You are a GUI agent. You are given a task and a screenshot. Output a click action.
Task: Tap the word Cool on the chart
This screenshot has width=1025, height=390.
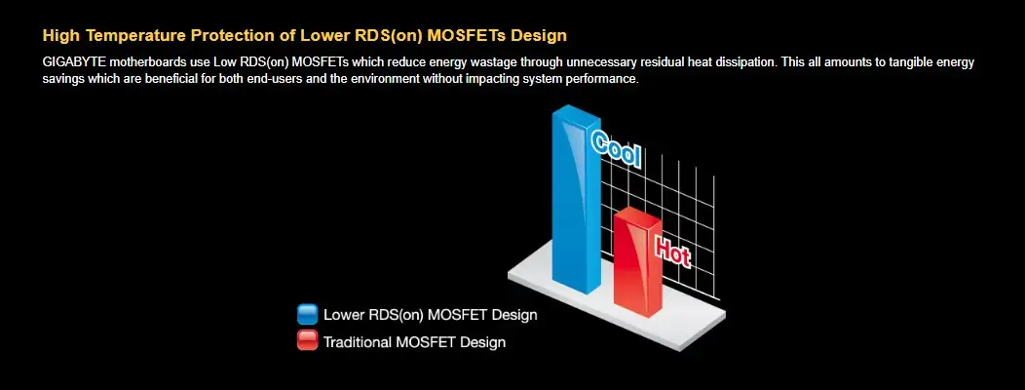(616, 149)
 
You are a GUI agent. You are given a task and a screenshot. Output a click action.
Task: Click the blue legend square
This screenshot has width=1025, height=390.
(307, 314)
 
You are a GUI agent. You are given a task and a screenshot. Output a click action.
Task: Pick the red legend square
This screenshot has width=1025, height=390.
(307, 340)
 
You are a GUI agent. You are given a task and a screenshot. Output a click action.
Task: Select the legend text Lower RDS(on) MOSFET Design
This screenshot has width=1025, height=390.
(430, 315)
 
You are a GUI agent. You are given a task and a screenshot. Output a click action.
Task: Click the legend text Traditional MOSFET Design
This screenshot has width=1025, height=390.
(414, 341)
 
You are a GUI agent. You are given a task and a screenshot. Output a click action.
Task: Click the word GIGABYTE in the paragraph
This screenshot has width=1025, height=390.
(74, 62)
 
